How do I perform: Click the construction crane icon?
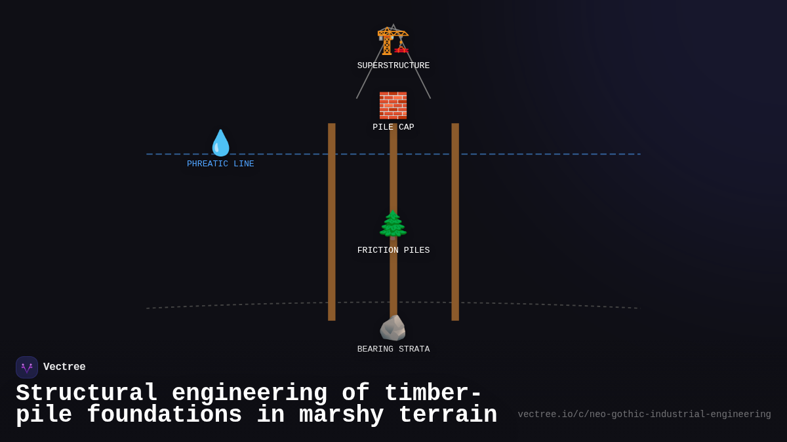tap(393, 40)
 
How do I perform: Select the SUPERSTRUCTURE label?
tap(393, 66)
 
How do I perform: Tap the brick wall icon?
tap(393, 105)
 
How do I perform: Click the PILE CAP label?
tap(393, 128)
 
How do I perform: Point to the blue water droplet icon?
tap(220, 143)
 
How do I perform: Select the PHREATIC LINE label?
tap(220, 164)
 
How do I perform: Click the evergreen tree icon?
tap(393, 225)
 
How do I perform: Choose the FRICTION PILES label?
tap(393, 251)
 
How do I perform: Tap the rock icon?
tap(393, 328)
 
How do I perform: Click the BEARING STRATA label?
tap(393, 350)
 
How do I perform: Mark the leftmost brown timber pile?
tap(332, 223)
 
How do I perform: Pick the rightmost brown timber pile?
tap(455, 223)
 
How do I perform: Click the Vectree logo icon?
tap(27, 367)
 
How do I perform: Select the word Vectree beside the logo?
tap(64, 367)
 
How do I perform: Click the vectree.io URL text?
tap(644, 414)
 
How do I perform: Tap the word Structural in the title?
tap(87, 394)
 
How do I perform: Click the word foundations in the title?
tap(164, 415)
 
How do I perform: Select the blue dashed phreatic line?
tap(557, 155)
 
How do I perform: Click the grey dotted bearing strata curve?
tap(557, 304)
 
